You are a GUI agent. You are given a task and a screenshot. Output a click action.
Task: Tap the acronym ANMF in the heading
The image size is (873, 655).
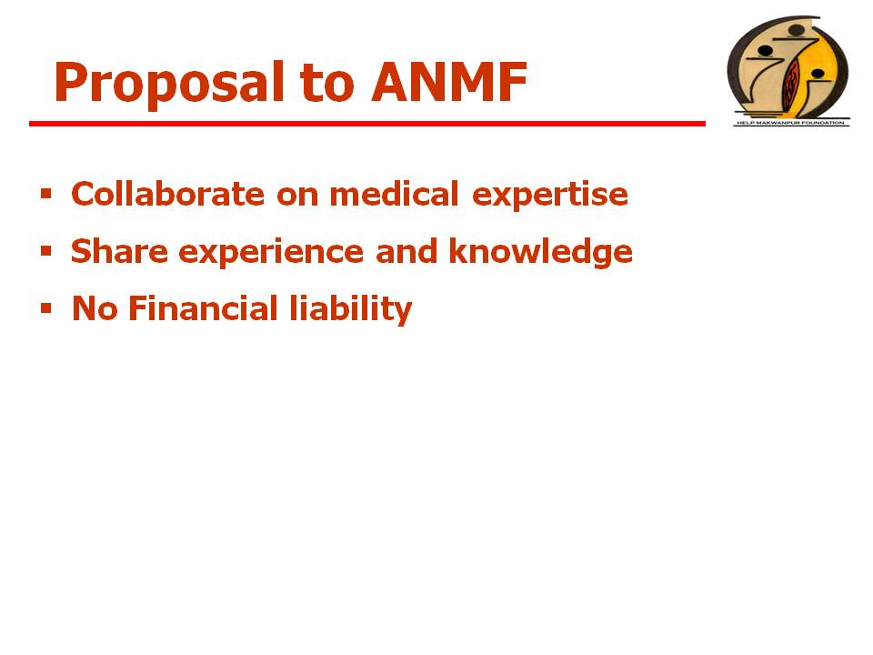click(x=448, y=83)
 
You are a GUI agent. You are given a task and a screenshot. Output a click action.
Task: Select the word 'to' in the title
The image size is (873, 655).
click(x=326, y=84)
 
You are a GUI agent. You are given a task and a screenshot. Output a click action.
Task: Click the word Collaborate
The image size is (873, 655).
click(x=167, y=194)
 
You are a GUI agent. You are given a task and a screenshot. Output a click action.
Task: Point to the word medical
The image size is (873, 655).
click(x=394, y=194)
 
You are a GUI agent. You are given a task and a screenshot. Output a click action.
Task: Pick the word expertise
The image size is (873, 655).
click(x=550, y=196)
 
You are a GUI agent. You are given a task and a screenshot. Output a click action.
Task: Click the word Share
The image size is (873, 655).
click(x=120, y=251)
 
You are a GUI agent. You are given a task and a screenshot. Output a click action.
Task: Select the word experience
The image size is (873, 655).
click(x=271, y=254)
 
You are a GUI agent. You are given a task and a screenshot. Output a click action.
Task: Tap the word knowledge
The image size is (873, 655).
click(x=540, y=253)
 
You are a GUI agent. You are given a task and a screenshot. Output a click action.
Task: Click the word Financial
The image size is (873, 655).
click(x=203, y=308)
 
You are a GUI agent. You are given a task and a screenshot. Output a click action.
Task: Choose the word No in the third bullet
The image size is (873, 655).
click(x=95, y=309)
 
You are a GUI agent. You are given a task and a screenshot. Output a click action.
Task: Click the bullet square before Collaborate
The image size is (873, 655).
click(x=45, y=194)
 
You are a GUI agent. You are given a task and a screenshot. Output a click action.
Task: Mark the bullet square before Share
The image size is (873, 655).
click(x=45, y=251)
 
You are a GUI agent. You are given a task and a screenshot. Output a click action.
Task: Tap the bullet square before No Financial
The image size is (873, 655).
click(x=45, y=308)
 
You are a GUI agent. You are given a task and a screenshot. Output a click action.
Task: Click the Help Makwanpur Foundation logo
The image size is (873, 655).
click(x=789, y=71)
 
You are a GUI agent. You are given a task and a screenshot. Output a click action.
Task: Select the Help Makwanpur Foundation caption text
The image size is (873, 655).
click(x=790, y=123)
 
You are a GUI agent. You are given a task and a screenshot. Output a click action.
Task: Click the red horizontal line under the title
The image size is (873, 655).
click(x=367, y=124)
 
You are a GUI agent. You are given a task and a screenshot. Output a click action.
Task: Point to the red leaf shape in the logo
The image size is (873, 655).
click(x=791, y=84)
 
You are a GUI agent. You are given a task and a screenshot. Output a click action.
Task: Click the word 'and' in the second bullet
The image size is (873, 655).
click(x=406, y=251)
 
